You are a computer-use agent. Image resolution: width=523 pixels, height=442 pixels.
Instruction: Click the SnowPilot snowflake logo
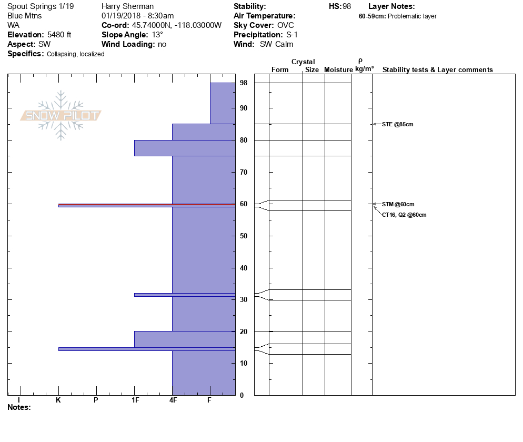pyautogui.click(x=61, y=115)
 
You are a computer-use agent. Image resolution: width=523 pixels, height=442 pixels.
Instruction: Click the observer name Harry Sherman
pyautogui.click(x=127, y=6)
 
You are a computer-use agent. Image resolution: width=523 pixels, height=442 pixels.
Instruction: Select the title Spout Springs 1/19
pyautogui.click(x=41, y=6)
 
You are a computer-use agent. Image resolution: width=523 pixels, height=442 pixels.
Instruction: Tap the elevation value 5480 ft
pyautogui.click(x=59, y=35)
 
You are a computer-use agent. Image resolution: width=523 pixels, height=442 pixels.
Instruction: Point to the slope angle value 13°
pyautogui.click(x=154, y=35)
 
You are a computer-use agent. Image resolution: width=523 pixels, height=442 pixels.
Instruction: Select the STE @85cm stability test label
pyautogui.click(x=394, y=124)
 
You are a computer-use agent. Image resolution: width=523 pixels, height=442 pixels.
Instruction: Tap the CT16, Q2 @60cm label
pyautogui.click(x=404, y=215)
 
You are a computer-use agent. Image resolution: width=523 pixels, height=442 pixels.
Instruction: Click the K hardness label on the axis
pyautogui.click(x=58, y=400)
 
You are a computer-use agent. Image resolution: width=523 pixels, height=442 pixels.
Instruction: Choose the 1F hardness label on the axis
pyautogui.click(x=135, y=400)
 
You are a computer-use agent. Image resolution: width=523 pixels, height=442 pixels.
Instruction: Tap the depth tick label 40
pyautogui.click(x=244, y=268)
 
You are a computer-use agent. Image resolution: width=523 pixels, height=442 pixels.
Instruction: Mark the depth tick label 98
pyautogui.click(x=244, y=83)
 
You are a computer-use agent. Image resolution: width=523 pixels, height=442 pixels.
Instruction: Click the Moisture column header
pyautogui.click(x=338, y=70)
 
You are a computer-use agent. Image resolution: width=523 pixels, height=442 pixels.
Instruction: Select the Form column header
pyautogui.click(x=280, y=70)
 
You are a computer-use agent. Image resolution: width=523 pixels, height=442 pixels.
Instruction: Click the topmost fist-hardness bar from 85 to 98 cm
pyautogui.click(x=223, y=103)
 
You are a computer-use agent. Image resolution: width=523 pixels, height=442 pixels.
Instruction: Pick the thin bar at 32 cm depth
pyautogui.click(x=184, y=295)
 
